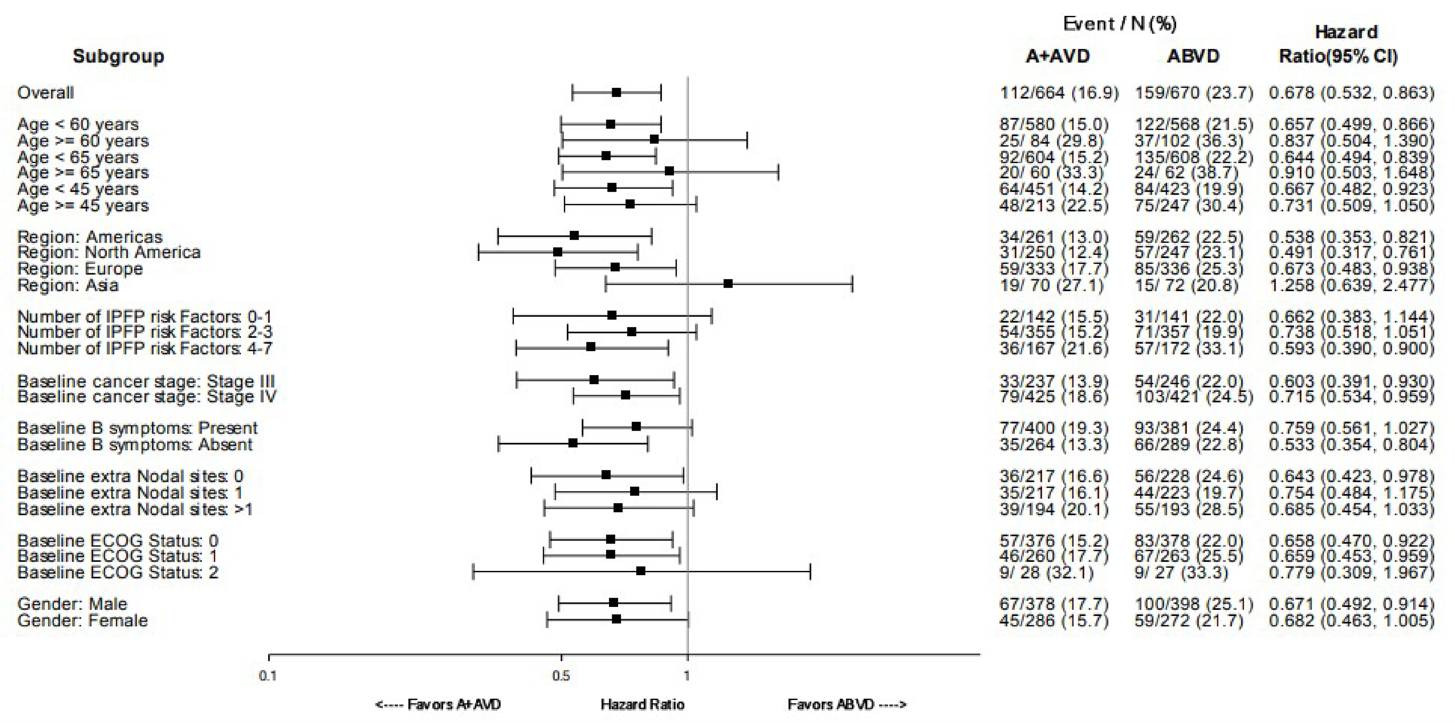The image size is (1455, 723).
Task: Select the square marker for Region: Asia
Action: [728, 283]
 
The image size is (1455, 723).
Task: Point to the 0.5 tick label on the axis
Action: [561, 675]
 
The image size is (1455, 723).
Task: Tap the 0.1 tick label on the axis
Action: [268, 675]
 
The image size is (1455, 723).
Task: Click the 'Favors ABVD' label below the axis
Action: [847, 704]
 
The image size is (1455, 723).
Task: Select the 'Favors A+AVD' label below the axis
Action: [438, 704]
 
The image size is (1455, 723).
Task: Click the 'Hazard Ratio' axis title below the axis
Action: [642, 704]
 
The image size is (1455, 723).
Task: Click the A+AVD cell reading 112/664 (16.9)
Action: [1059, 93]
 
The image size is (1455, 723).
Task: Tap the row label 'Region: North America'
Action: [109, 252]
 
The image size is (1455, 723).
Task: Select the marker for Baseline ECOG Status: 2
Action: [641, 571]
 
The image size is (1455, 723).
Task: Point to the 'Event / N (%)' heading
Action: [1120, 24]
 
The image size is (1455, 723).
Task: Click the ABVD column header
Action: [1193, 56]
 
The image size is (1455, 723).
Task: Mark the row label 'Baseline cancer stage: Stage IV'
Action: [147, 397]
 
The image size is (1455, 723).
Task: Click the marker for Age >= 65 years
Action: [669, 171]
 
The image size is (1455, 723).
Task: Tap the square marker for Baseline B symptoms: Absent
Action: [573, 443]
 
